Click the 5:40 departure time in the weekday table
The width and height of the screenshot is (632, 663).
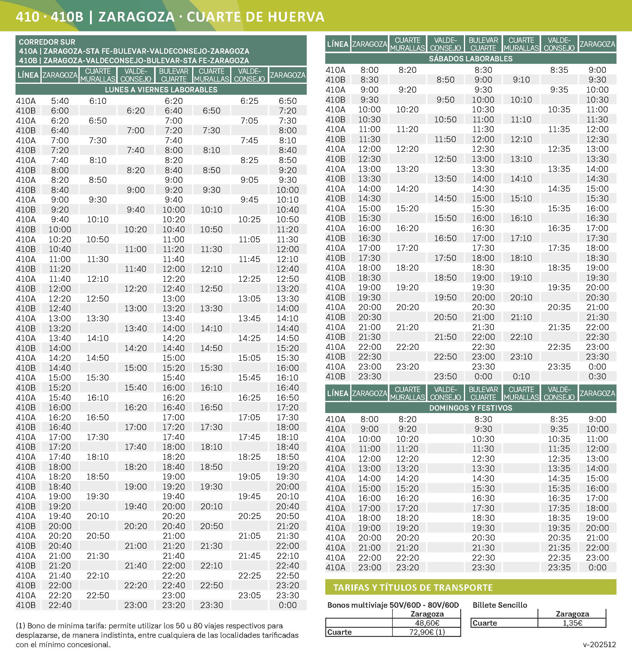60,101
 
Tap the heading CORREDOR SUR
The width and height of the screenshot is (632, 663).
47,42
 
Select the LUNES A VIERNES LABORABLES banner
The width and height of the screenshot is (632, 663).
161,90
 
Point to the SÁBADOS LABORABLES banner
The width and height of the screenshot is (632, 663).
470,59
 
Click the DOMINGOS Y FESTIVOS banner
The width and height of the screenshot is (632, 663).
470,408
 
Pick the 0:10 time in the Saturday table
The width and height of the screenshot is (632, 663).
521,376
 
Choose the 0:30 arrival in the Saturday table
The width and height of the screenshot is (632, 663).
597,376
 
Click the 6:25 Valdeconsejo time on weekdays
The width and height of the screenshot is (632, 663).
249,101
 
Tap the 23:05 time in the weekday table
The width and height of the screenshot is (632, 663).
249,595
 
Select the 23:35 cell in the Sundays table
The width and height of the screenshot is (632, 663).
559,567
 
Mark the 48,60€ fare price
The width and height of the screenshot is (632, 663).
427,623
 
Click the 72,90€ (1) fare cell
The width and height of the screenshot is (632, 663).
427,632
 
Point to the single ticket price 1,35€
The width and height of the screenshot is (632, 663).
572,623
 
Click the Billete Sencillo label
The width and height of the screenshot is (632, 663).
499,605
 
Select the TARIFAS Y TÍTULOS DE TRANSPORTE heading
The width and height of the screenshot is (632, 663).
413,588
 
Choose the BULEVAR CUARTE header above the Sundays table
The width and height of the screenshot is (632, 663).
483,393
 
